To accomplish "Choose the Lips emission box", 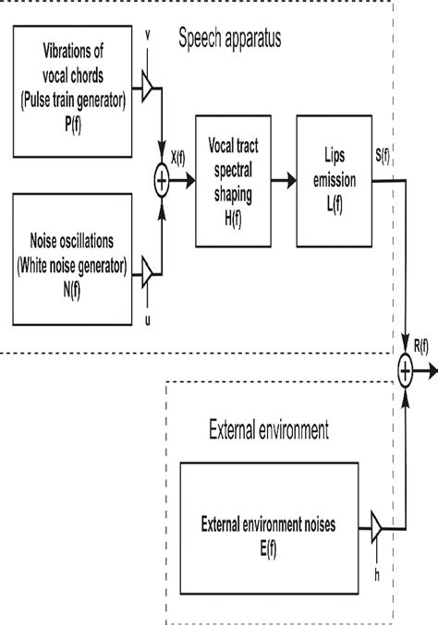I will [334, 181].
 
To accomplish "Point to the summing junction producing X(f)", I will [162, 182].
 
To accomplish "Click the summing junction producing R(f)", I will [406, 371].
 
